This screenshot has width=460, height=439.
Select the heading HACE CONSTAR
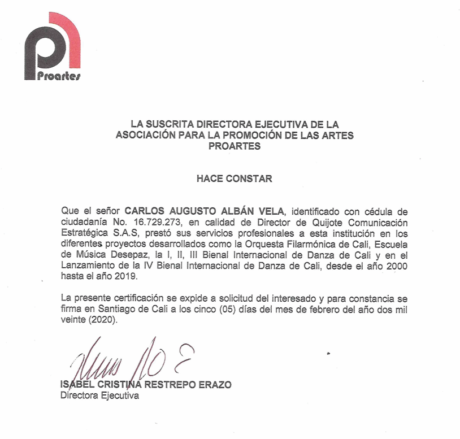(235, 179)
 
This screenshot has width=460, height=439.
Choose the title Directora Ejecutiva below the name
(99, 395)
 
